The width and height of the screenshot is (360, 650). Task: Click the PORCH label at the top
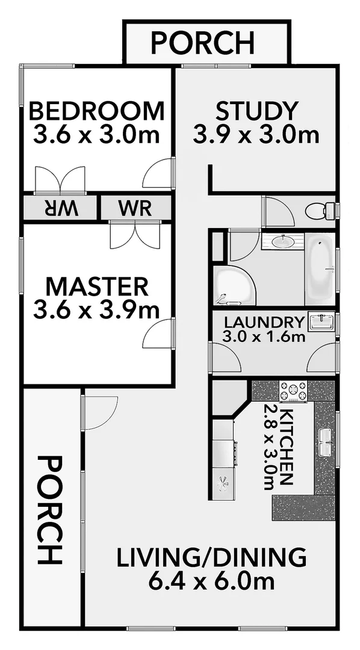(x=202, y=43)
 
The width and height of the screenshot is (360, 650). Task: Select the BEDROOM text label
(x=97, y=112)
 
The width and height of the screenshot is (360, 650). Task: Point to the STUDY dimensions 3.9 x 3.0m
(x=256, y=134)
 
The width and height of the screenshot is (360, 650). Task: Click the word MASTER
(x=97, y=285)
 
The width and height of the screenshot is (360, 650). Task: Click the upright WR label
(x=135, y=209)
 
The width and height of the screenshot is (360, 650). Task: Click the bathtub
(x=320, y=268)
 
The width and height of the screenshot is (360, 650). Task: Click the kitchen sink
(x=326, y=442)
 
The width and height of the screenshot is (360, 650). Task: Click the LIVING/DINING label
(x=211, y=558)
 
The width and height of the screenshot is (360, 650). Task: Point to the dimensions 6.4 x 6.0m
(x=211, y=581)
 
